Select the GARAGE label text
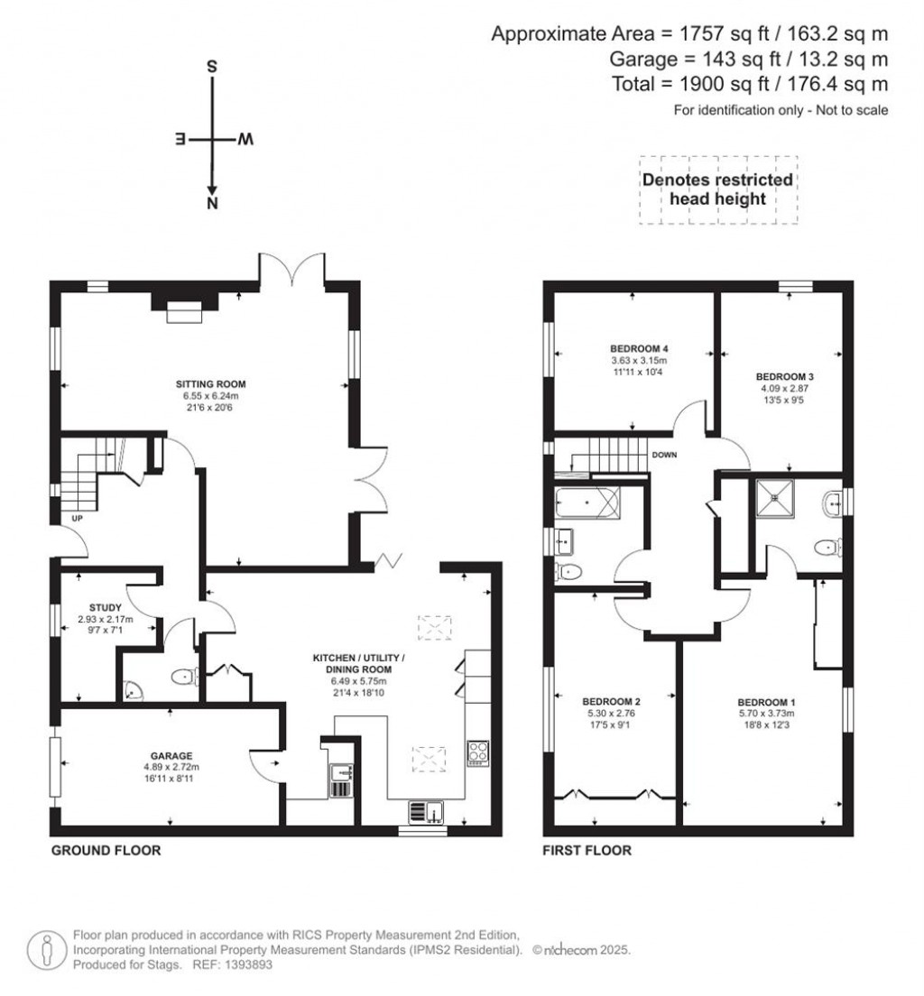[x=171, y=756]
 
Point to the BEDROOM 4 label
[x=638, y=348]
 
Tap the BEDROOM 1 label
[x=766, y=702]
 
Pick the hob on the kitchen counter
[x=477, y=752]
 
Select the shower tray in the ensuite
[x=773, y=495]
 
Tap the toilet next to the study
[x=184, y=677]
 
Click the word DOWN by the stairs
[x=664, y=456]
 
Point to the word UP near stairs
[x=66, y=519]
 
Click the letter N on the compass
[x=213, y=205]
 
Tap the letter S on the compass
[x=213, y=67]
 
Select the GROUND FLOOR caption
[x=106, y=850]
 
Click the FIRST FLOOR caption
[x=587, y=850]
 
